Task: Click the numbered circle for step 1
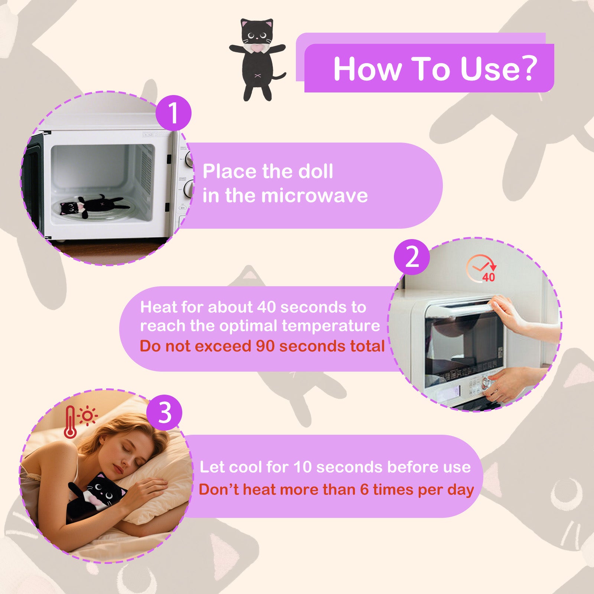[x=173, y=113]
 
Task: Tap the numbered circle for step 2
[x=412, y=257]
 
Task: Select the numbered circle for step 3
[x=164, y=412]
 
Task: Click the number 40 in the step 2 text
[x=266, y=307]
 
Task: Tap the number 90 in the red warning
[x=265, y=346]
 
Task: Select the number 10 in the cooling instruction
[x=303, y=467]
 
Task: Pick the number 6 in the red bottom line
[x=364, y=490]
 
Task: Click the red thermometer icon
[x=70, y=422]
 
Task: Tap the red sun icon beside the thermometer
[x=88, y=415]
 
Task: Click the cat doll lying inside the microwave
[x=94, y=205]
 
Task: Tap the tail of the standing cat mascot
[x=278, y=76]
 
